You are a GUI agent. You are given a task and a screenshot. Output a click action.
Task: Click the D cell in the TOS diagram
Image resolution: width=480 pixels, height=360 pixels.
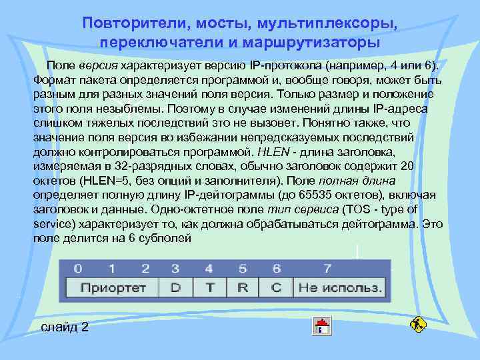(x=175, y=288)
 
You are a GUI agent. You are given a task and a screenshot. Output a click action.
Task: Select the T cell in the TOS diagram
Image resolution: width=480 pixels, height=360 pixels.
(x=210, y=288)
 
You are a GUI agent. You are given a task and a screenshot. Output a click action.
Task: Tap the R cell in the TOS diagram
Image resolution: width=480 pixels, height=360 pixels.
(x=243, y=288)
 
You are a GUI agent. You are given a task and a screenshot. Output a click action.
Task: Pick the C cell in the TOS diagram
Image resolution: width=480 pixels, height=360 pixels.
(x=277, y=288)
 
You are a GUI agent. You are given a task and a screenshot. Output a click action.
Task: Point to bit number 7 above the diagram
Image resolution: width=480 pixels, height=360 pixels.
(x=327, y=269)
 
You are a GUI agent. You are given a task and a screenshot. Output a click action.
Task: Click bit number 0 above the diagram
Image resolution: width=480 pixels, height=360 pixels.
(x=78, y=269)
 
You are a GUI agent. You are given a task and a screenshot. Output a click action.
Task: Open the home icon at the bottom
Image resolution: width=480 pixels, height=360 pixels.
(x=322, y=326)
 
